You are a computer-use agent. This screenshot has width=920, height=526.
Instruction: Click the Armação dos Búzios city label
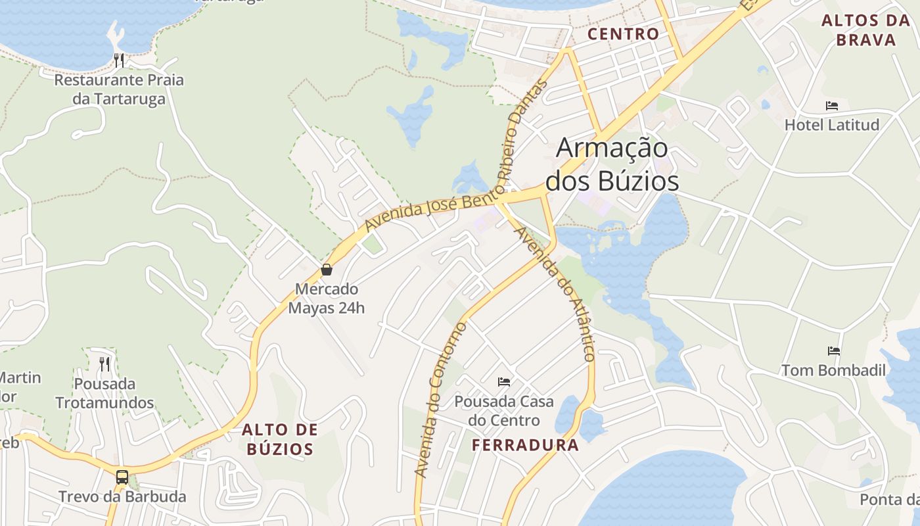612,164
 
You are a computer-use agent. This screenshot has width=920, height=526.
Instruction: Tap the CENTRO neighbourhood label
623,34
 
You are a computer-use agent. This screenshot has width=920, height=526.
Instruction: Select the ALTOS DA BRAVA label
865,30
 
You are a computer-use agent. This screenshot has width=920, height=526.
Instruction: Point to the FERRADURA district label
526,445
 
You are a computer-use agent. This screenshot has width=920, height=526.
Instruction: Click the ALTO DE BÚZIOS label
280,439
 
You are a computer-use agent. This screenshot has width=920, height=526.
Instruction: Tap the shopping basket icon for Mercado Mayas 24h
326,270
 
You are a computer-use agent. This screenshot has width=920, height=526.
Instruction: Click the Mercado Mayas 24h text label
327,299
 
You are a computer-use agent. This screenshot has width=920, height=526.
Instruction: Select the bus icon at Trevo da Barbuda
122,477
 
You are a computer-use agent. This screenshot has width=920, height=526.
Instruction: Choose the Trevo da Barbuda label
122,496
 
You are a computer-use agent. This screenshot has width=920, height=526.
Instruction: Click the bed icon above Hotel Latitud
832,105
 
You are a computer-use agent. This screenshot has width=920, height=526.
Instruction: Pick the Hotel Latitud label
832,124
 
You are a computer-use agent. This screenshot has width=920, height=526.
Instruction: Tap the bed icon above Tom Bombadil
834,351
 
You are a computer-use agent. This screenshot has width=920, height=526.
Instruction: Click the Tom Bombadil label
833,370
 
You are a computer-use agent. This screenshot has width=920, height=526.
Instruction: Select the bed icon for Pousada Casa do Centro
504,381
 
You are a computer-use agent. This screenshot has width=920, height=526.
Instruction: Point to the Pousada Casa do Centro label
504,410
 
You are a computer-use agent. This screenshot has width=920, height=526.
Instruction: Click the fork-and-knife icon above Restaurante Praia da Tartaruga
119,60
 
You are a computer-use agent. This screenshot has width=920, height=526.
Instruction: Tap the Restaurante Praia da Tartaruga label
119,89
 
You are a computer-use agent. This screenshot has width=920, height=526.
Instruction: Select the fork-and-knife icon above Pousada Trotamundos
104,364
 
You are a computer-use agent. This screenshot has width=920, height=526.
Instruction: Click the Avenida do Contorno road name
440,400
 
